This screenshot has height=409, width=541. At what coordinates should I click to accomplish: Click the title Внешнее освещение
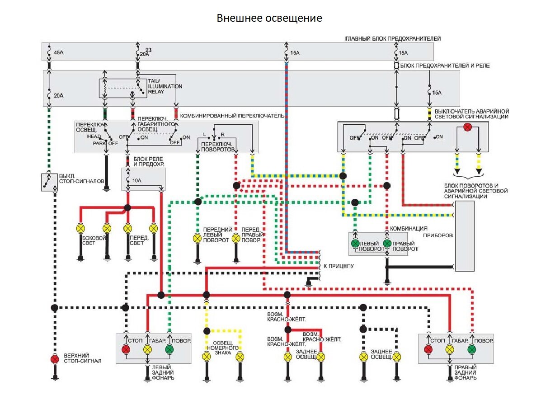click(269, 18)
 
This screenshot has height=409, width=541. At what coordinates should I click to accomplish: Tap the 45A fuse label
click(59, 53)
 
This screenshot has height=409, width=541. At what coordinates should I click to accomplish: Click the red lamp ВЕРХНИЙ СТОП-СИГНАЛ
click(55, 359)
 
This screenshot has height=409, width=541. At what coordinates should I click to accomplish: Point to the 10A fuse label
click(137, 181)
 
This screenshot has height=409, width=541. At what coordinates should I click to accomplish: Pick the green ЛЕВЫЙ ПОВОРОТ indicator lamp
click(355, 244)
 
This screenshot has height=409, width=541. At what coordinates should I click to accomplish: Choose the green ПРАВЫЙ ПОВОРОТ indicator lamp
click(387, 244)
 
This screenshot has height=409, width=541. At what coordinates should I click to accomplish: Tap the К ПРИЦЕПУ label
click(339, 266)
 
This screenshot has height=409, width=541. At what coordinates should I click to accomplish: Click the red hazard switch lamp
click(468, 128)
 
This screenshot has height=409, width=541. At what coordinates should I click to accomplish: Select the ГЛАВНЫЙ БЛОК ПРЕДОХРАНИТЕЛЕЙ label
click(393, 39)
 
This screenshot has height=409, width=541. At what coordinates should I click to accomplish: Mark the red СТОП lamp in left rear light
click(126, 349)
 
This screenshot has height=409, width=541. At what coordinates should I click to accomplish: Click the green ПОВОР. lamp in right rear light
click(472, 349)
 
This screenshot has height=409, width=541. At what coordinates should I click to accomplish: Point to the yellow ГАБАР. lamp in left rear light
click(147, 349)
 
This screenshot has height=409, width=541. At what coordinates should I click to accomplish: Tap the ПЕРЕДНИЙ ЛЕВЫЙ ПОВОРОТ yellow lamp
click(197, 238)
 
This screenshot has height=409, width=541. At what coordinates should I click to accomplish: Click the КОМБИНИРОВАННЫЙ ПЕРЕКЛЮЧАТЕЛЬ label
click(232, 116)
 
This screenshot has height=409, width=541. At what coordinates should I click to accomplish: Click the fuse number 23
click(149, 49)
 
